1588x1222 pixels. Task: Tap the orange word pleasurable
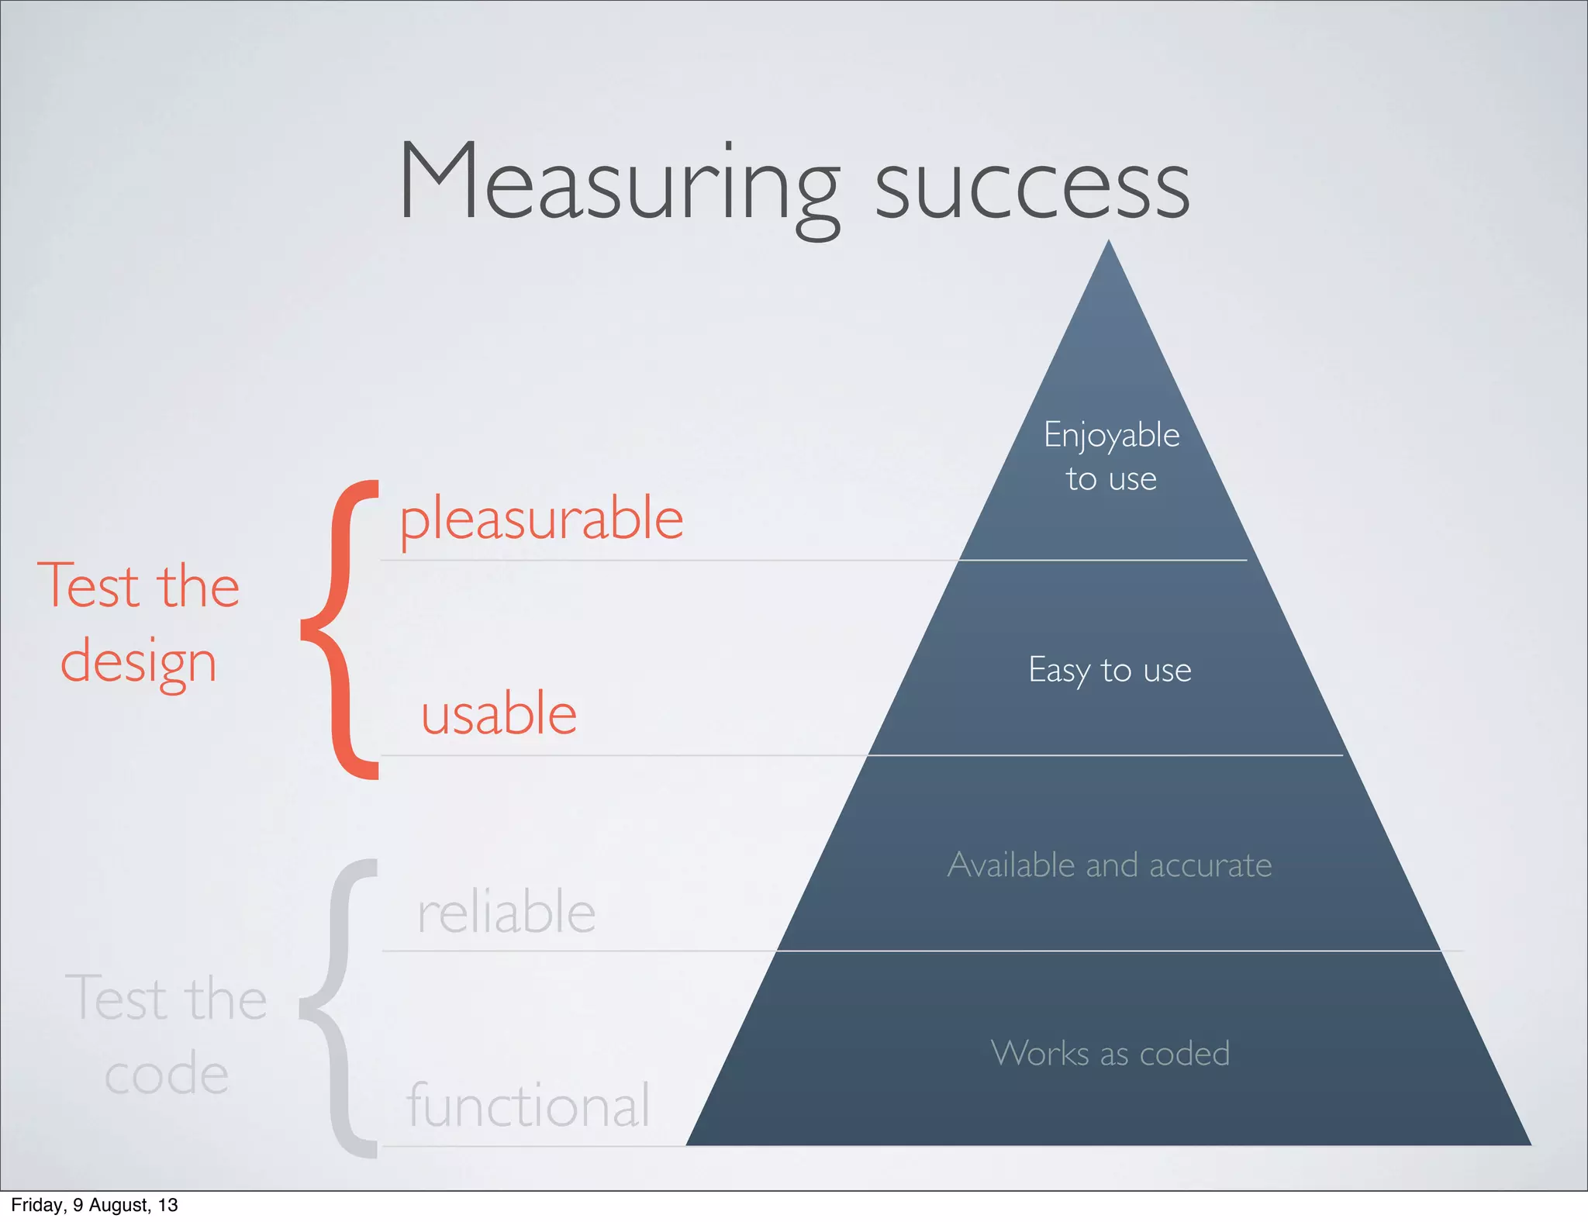(x=541, y=520)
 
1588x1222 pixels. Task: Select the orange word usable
(x=499, y=714)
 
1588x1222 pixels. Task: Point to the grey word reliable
(x=506, y=913)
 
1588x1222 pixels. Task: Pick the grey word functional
(x=528, y=1106)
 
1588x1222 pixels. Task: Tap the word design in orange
(x=138, y=662)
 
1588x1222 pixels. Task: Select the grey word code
(x=166, y=1075)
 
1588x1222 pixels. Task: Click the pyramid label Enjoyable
(x=1111, y=436)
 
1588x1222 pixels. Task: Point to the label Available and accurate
(x=1110, y=865)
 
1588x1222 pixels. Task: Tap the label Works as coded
(x=1110, y=1054)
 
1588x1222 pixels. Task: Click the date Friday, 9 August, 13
(x=95, y=1205)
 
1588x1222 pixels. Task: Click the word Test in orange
(x=90, y=586)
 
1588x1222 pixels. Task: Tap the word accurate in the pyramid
(x=1210, y=865)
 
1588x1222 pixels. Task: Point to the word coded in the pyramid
(x=1184, y=1054)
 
